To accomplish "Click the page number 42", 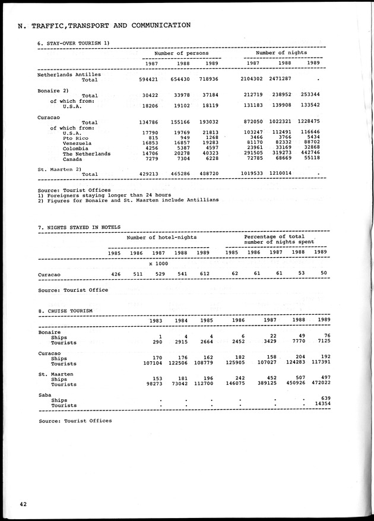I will [x=23, y=504].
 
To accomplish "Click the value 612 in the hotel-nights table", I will [x=203, y=274].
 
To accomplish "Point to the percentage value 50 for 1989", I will [x=322, y=274].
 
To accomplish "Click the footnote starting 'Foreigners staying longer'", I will [x=104, y=195].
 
